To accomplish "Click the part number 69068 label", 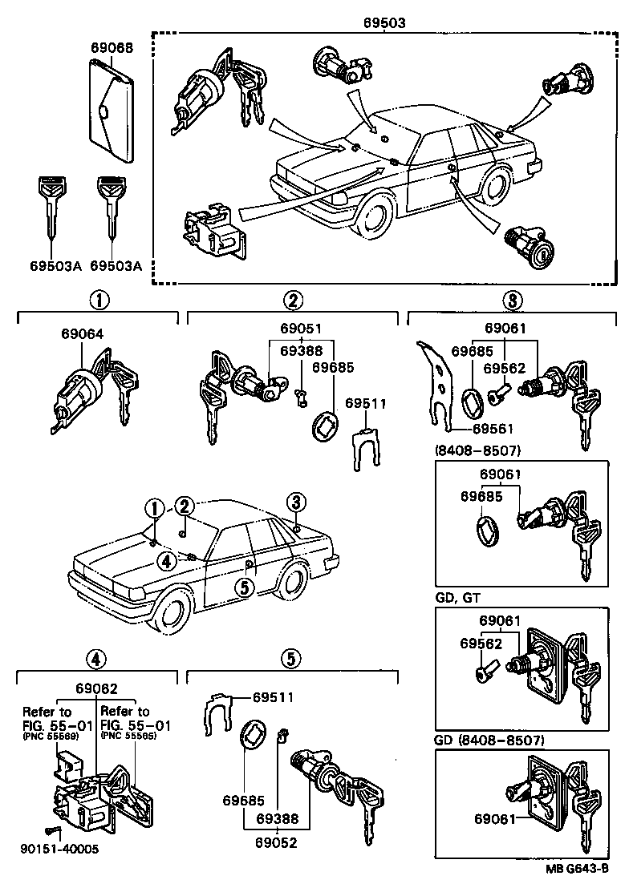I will pyautogui.click(x=111, y=48).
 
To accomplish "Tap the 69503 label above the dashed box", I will pyautogui.click(x=384, y=23).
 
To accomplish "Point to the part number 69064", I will pyautogui.click(x=81, y=334).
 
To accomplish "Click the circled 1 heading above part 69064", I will pyautogui.click(x=99, y=301).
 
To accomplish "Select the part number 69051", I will pyautogui.click(x=301, y=329).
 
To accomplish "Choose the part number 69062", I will pyautogui.click(x=96, y=688).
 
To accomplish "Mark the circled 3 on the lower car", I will pyautogui.click(x=296, y=503).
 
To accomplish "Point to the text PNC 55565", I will pyautogui.click(x=124, y=736).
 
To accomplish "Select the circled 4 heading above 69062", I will pyautogui.click(x=95, y=660).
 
